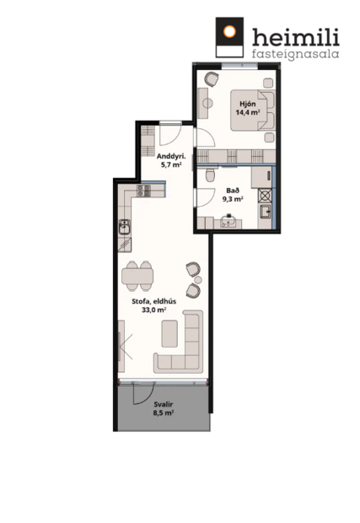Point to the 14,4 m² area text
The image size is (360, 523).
tap(247, 112)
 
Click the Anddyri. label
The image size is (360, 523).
tap(170, 156)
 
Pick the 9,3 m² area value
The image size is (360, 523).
tap(233, 200)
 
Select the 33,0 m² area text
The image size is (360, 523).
tap(148, 310)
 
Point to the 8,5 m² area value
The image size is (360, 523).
tap(164, 414)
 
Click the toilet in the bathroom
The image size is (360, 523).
tap(207, 177)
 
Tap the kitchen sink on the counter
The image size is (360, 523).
tap(124, 226)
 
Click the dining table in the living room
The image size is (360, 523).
tap(138, 276)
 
